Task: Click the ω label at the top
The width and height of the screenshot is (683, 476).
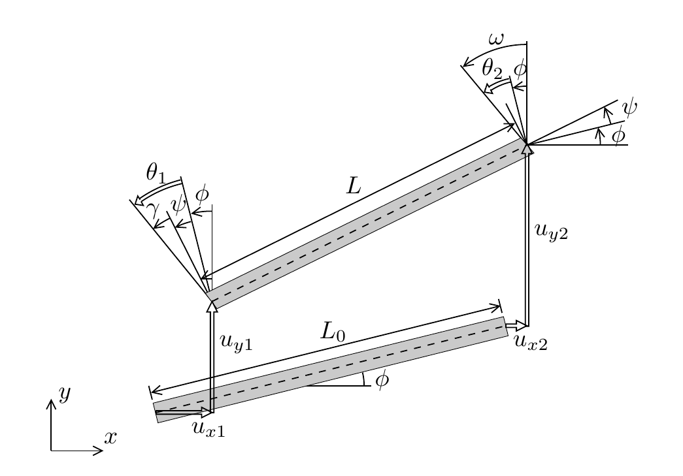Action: (x=496, y=40)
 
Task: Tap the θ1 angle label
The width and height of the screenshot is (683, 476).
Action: (x=156, y=172)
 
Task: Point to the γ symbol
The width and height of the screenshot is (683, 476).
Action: (x=152, y=210)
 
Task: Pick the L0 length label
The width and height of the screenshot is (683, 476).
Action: (x=333, y=332)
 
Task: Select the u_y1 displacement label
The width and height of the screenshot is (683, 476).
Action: (x=236, y=342)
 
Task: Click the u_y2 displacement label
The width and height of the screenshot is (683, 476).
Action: (x=551, y=232)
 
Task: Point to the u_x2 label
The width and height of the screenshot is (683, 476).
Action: (x=530, y=341)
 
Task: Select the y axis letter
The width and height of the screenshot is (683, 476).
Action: (x=64, y=393)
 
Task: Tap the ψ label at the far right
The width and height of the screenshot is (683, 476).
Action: (x=629, y=106)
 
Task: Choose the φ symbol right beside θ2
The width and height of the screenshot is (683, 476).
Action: (x=520, y=69)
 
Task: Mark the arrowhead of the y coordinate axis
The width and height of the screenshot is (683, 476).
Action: (x=51, y=402)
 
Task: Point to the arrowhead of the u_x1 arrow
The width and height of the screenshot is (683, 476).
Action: (x=207, y=412)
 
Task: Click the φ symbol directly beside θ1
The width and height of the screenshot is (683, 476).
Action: (x=203, y=193)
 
